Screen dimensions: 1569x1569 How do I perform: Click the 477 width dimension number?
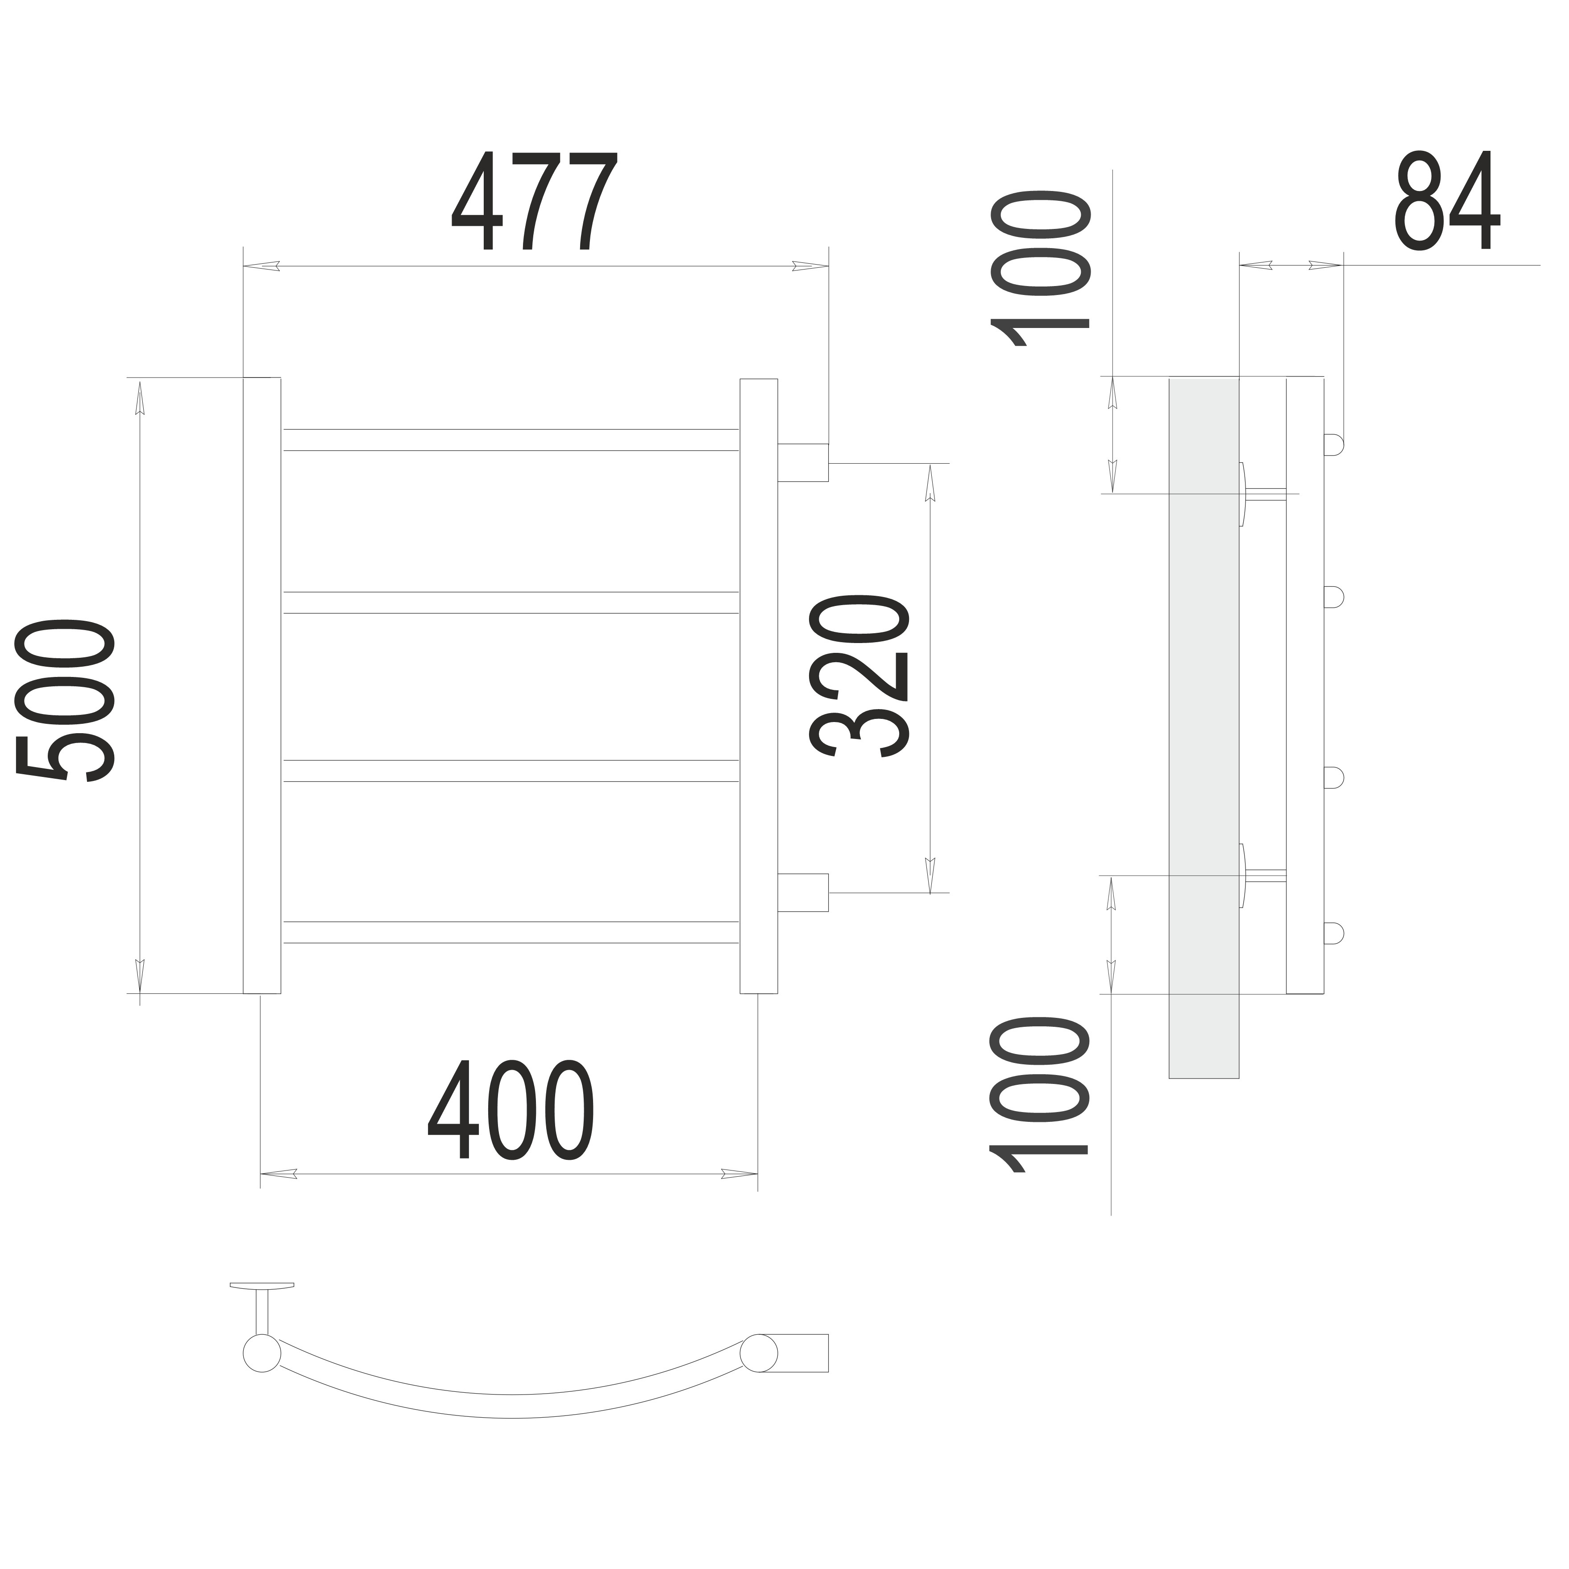pos(535,201)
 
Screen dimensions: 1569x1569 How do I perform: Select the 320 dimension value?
pos(859,676)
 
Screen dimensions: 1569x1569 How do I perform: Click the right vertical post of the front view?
pos(759,686)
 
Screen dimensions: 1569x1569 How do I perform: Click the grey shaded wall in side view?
pos(1204,728)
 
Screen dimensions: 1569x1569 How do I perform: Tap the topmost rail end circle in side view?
pos(1333,444)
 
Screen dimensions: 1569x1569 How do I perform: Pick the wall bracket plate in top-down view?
pos(261,1286)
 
